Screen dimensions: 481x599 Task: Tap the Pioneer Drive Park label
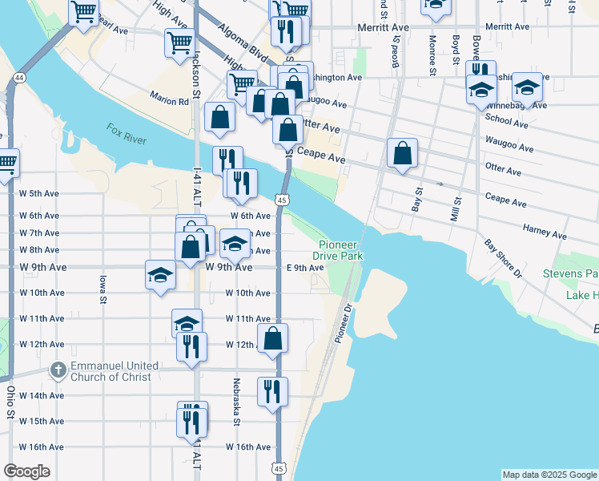[x=340, y=250]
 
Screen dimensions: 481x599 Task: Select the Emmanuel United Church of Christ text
[x=114, y=371]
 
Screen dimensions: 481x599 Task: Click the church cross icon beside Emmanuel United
[x=58, y=370]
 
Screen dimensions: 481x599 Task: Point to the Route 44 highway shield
[x=18, y=78]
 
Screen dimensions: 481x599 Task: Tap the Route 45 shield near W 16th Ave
[x=278, y=467]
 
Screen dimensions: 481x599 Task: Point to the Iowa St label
[x=103, y=289]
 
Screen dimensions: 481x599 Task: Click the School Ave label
[x=506, y=124]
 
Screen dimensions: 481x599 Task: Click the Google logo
[x=27, y=471]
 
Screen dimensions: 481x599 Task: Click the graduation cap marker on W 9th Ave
[x=160, y=274]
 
